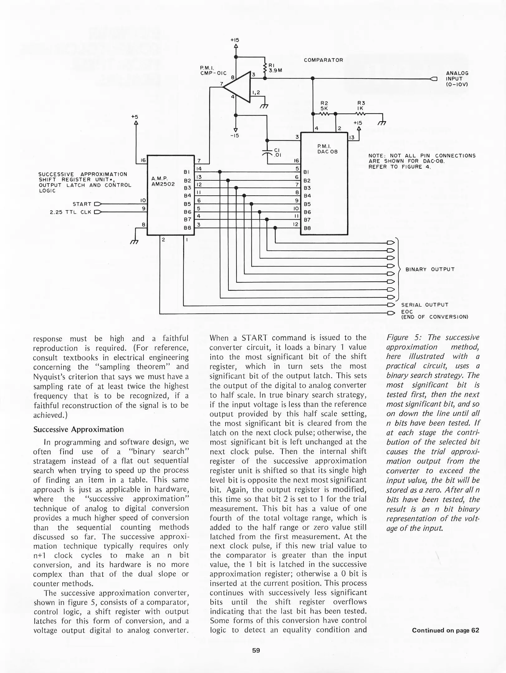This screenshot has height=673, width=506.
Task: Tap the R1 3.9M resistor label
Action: click(274, 68)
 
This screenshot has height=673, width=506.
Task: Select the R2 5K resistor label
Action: click(324, 106)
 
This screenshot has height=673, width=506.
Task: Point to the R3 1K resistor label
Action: click(361, 106)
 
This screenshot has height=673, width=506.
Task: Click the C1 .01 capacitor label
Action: click(278, 153)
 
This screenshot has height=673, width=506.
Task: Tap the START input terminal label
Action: click(82, 204)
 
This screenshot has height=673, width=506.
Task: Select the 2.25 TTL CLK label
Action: click(70, 212)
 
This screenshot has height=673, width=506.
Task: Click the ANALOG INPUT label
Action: click(457, 79)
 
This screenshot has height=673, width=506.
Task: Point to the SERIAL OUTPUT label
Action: click(424, 305)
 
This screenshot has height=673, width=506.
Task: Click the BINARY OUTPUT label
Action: click(430, 269)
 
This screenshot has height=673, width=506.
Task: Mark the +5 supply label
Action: click(135, 117)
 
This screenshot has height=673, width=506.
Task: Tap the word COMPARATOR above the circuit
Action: click(323, 60)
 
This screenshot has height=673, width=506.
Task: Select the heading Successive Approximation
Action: click(78, 429)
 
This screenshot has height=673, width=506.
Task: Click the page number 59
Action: click(256, 650)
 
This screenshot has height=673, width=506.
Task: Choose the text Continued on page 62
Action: click(445, 630)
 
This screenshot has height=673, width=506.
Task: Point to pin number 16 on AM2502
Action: click(143, 160)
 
